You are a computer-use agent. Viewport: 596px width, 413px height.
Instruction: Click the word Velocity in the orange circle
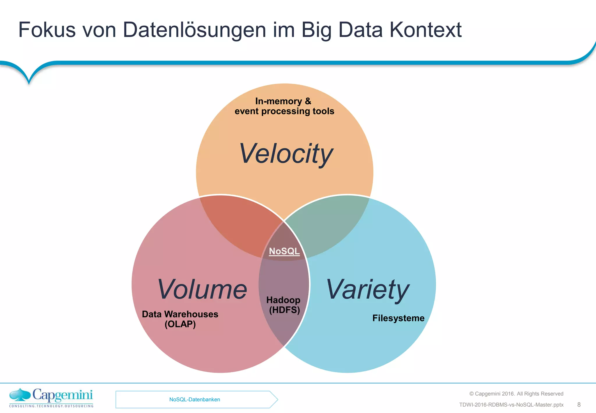click(x=286, y=154)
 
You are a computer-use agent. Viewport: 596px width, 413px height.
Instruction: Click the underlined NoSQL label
click(x=284, y=251)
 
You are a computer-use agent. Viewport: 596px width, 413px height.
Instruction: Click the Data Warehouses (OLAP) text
click(x=180, y=319)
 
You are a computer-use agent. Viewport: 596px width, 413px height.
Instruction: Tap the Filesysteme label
click(x=398, y=318)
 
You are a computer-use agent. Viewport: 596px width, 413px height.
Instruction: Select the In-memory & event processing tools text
click(x=284, y=106)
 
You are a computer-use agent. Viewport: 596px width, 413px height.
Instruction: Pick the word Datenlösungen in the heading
click(x=194, y=30)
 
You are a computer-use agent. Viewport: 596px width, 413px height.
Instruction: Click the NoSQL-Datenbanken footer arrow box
click(x=195, y=400)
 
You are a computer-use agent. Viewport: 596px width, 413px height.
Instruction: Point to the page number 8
click(x=579, y=405)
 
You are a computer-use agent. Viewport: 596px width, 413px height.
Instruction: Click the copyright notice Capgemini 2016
click(x=516, y=394)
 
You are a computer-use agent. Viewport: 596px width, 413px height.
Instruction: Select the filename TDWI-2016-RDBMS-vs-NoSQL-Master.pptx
click(x=511, y=405)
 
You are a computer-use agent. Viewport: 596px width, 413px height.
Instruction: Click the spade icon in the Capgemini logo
click(x=20, y=395)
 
